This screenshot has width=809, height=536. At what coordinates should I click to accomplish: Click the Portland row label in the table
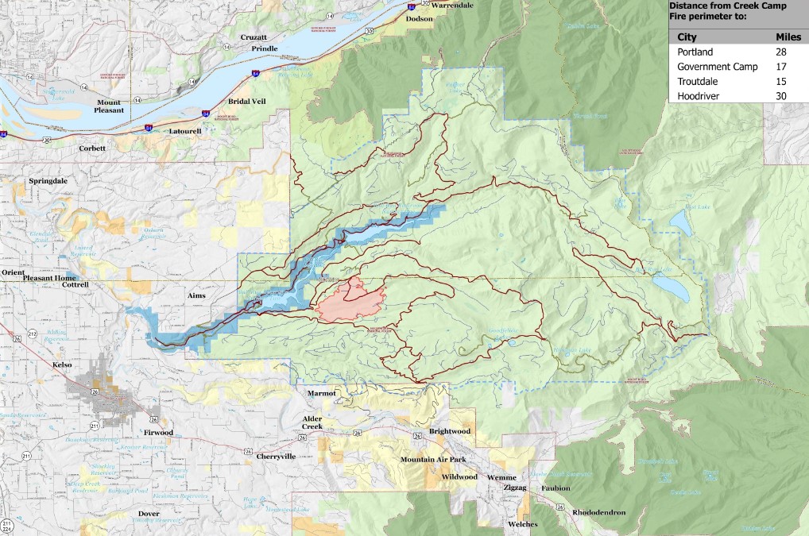(x=695, y=52)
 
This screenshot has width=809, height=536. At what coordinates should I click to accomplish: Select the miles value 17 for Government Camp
(x=780, y=67)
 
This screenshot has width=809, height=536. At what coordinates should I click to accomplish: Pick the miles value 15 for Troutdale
(x=780, y=81)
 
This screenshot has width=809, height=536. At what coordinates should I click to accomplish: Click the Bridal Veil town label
(x=227, y=103)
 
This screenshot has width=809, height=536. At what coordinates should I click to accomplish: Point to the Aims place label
(x=195, y=295)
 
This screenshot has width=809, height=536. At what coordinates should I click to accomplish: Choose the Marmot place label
(x=323, y=393)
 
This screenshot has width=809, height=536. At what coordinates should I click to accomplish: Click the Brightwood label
(x=450, y=431)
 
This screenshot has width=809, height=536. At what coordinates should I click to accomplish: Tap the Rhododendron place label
(x=598, y=512)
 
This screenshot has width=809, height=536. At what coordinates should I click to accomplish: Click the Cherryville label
(x=276, y=457)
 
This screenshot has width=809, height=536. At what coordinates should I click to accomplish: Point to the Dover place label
(x=149, y=514)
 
